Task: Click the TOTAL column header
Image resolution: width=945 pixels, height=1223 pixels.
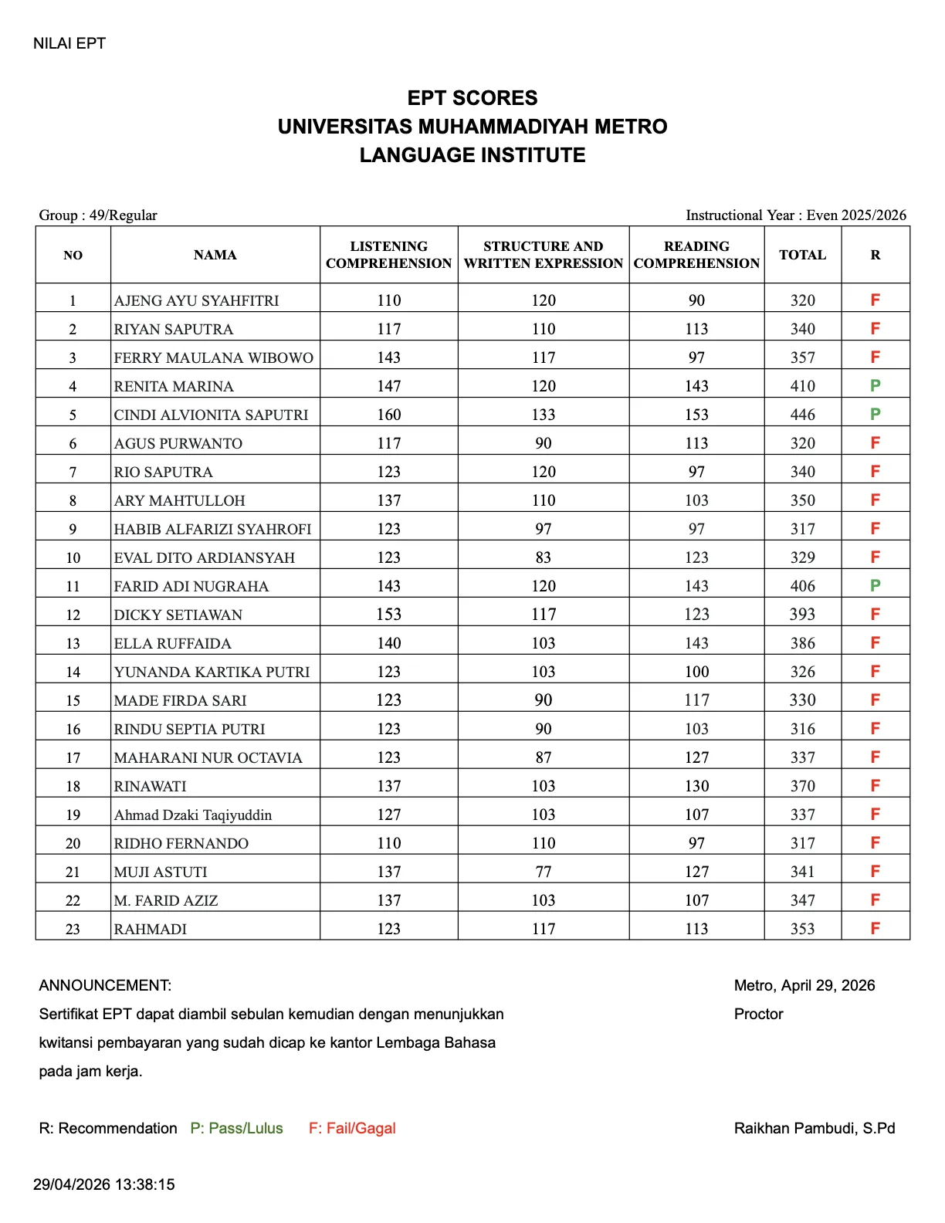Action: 802,255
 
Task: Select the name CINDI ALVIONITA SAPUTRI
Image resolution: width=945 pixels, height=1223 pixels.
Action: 211,415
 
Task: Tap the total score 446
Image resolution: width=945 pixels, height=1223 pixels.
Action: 802,415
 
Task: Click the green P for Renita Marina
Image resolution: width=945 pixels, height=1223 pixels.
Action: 875,385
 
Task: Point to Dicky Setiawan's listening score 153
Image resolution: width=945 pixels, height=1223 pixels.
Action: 388,614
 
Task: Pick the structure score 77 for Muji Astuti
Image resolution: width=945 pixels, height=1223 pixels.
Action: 543,872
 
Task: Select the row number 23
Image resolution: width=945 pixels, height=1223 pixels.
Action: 73,929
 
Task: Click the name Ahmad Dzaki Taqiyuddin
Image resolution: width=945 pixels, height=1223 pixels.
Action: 193,815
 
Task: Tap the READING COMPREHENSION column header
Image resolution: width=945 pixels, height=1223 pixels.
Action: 696,255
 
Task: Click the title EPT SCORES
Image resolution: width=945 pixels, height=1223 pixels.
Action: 472,98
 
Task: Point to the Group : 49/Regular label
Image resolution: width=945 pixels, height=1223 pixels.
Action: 98,215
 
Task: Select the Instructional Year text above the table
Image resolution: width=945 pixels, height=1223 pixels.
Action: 795,215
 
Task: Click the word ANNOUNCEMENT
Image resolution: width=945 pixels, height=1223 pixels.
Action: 105,985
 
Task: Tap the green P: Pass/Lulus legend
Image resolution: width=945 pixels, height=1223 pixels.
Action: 236,1128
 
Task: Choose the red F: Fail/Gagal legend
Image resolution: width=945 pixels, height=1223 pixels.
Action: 352,1128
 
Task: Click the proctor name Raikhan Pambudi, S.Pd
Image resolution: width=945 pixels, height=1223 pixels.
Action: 814,1128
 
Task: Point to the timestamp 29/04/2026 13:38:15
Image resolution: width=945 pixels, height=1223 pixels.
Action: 104,1184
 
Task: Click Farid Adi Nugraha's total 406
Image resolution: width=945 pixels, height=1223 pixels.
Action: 802,586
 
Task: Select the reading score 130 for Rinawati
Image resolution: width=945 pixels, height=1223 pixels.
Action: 696,786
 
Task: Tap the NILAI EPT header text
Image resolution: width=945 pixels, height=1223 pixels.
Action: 69,43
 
